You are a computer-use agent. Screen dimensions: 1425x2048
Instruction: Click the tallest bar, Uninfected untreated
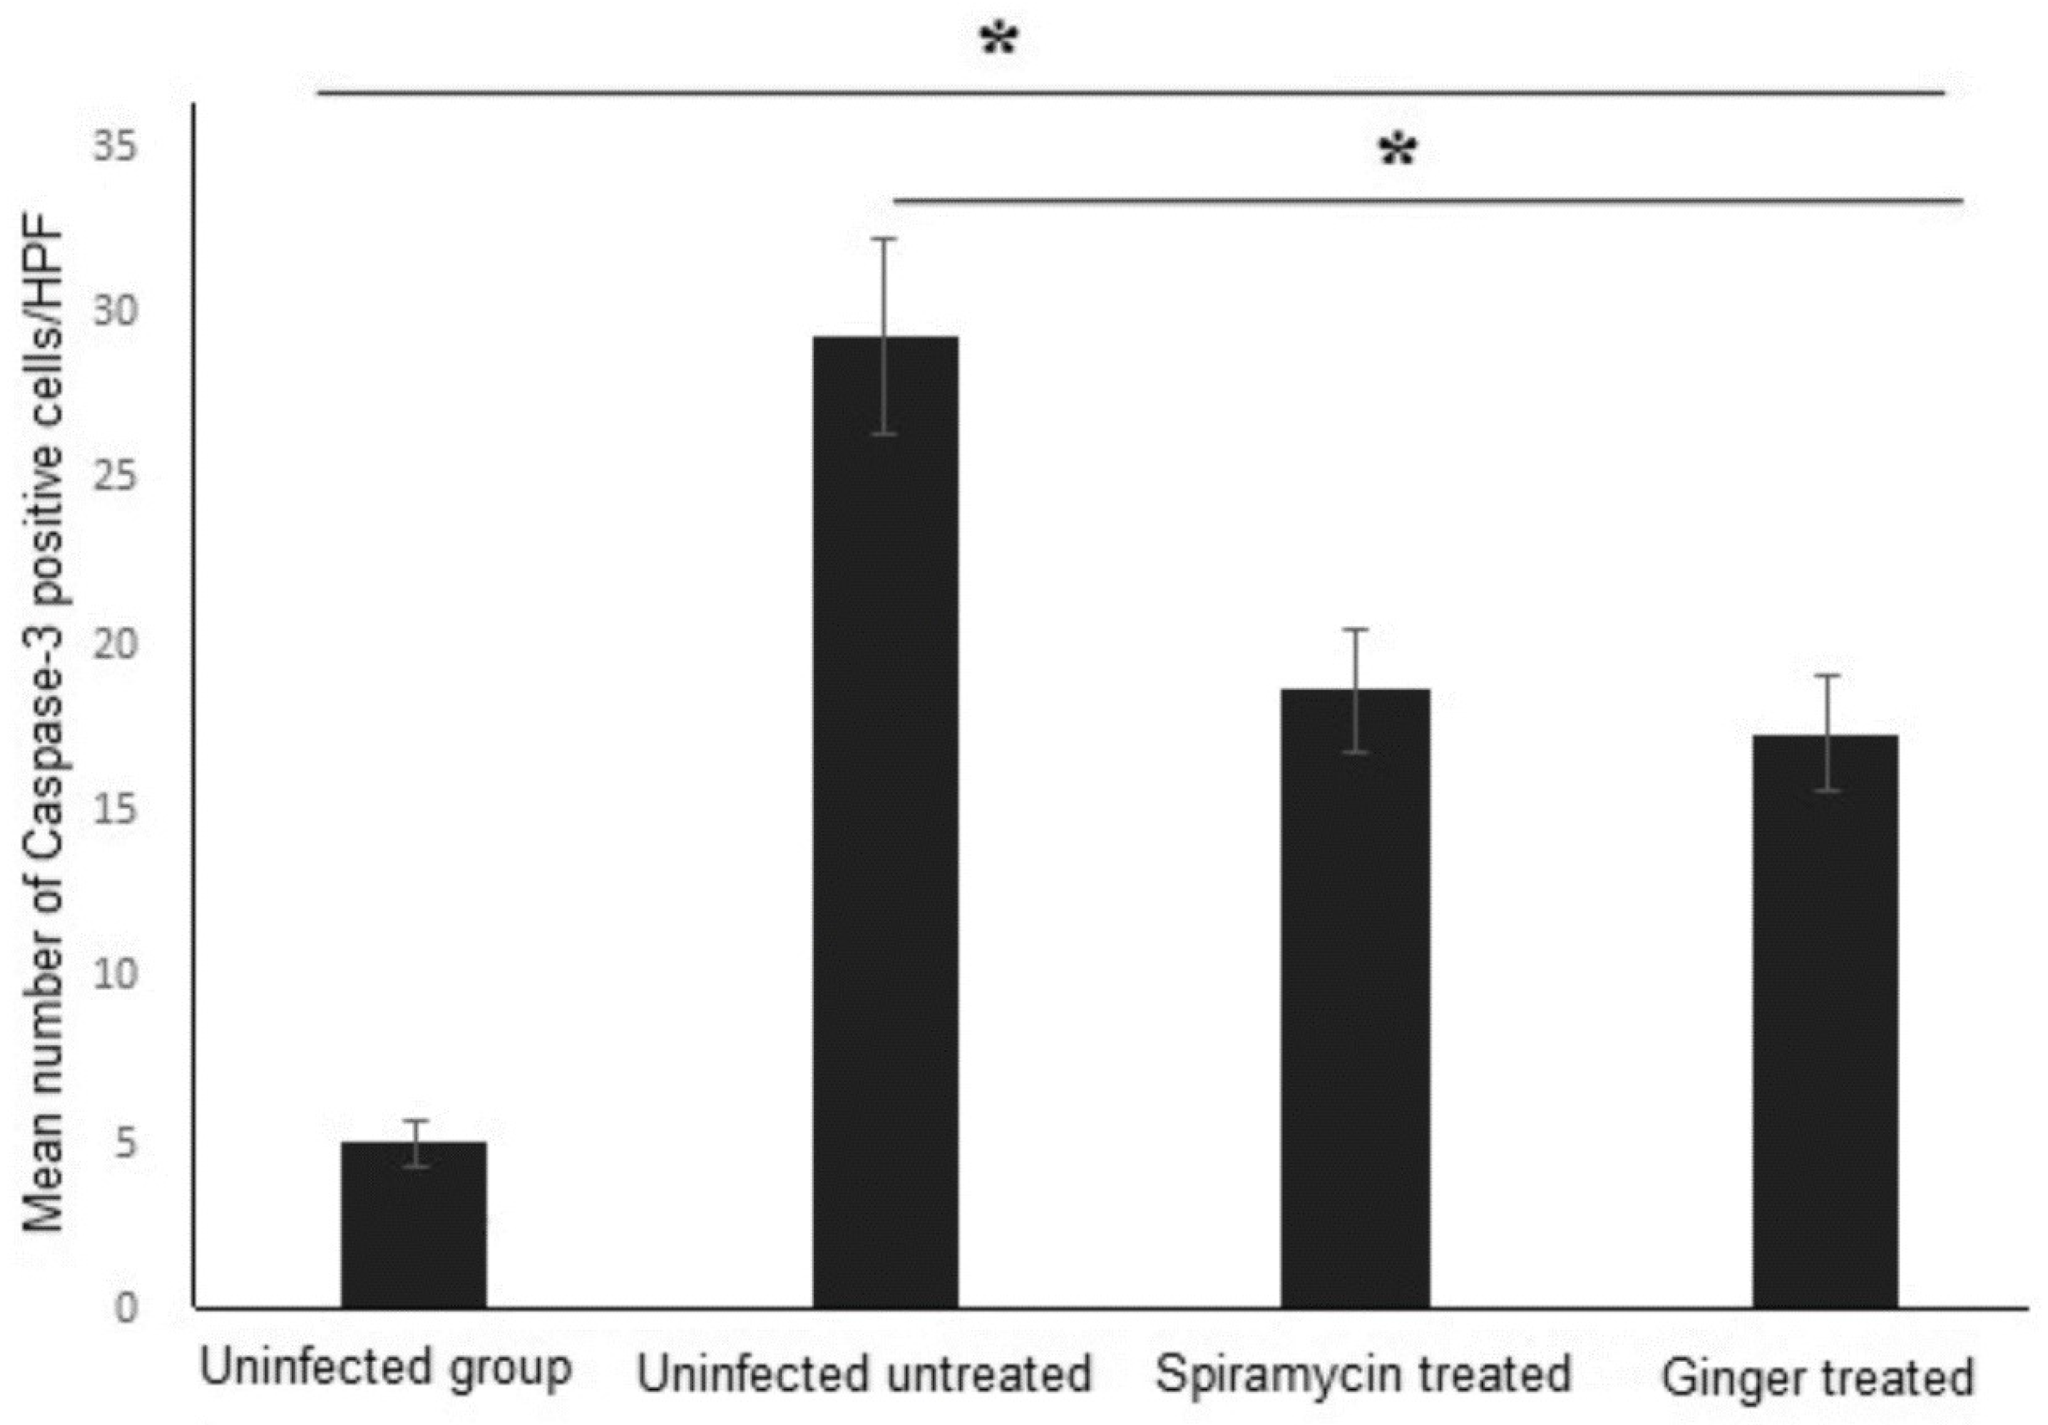(x=885, y=821)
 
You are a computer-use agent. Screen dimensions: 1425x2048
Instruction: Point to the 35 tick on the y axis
(x=115, y=145)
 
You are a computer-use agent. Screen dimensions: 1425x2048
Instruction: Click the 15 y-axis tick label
(x=115, y=809)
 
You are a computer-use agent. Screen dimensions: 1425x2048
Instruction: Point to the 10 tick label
(x=115, y=974)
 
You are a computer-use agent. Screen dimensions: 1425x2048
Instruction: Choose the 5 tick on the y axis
(x=126, y=1141)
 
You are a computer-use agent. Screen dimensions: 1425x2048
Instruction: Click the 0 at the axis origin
(x=126, y=1307)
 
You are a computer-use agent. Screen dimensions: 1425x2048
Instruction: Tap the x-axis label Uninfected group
(x=385, y=1369)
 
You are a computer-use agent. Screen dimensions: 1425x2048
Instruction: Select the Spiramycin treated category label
(x=1363, y=1374)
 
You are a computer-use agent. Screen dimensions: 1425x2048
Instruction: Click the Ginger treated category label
(x=1817, y=1378)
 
